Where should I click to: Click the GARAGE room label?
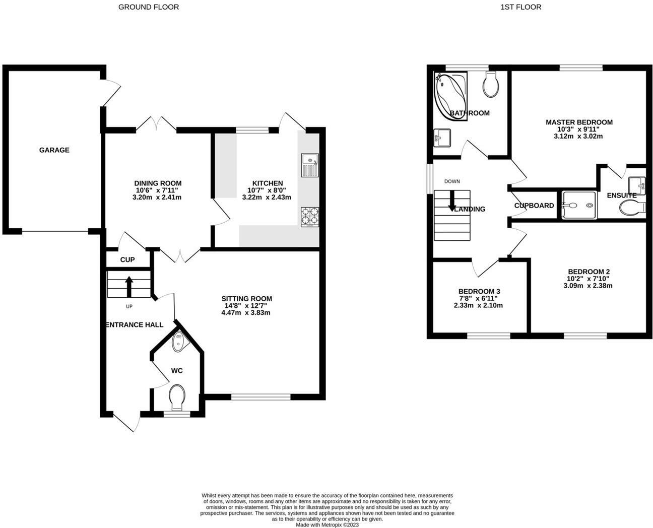54,150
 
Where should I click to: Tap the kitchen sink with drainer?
310,165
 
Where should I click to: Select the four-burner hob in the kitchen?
310,217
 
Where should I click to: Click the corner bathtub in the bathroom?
450,96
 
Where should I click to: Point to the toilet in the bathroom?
491,84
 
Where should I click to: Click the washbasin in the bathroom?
442,138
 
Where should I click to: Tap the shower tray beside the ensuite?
579,206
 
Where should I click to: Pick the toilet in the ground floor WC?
177,398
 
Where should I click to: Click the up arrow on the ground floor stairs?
129,287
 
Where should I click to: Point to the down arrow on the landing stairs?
452,201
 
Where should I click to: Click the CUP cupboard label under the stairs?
127,259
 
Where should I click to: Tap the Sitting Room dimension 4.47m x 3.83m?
246,312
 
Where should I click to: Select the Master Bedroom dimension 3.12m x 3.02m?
578,136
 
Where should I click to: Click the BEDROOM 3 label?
479,291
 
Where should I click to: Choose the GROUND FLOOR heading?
149,7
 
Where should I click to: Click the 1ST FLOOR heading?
521,7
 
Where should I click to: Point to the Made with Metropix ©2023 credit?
327,525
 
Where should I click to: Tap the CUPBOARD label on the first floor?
534,206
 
